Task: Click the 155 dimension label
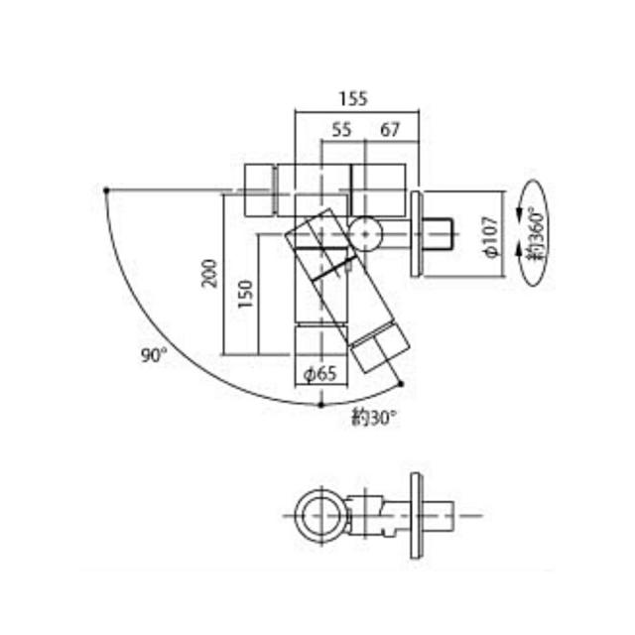point(353,99)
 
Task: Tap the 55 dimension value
point(341,130)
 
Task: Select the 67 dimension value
point(390,130)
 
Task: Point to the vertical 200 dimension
point(209,274)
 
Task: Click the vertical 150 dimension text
point(245,294)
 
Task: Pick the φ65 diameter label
point(320,373)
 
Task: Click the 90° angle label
point(154,356)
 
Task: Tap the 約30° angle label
point(375,419)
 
